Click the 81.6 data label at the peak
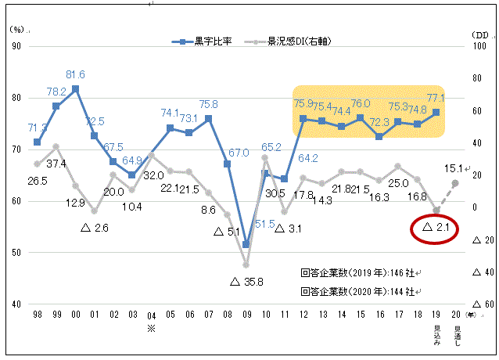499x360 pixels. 75,75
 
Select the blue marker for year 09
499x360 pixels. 246,244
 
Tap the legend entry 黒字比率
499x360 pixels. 212,40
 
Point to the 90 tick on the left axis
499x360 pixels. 16,45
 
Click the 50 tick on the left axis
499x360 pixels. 16,252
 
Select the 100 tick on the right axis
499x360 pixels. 479,45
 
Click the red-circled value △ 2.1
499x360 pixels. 433,228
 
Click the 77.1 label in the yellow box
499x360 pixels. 435,98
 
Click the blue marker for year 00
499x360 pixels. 75,89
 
